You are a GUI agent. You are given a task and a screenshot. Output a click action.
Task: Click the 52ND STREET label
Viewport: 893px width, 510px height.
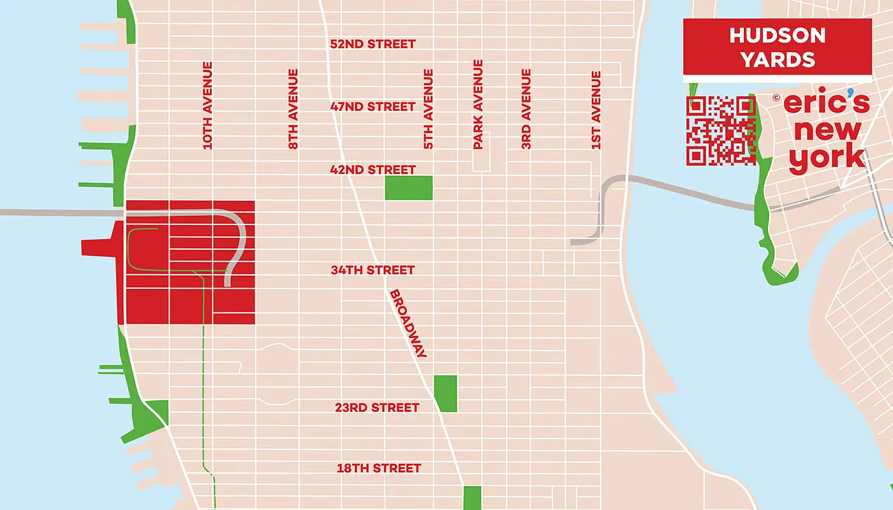pyautogui.click(x=373, y=45)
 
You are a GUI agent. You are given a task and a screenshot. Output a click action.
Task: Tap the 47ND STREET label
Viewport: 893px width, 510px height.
pyautogui.click(x=373, y=107)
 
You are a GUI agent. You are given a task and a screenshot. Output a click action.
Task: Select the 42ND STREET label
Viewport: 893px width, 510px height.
pyautogui.click(x=373, y=170)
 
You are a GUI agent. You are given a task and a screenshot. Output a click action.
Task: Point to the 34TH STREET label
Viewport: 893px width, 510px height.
pyautogui.click(x=373, y=270)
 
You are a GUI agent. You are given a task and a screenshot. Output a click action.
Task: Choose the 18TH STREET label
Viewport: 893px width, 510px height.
pyautogui.click(x=379, y=469)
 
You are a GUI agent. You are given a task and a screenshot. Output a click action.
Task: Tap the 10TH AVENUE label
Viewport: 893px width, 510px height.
pyautogui.click(x=207, y=106)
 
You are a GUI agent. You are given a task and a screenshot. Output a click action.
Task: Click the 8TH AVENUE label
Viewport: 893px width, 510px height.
pyautogui.click(x=293, y=109)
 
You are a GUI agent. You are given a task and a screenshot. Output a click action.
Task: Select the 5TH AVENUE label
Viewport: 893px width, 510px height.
pyautogui.click(x=429, y=109)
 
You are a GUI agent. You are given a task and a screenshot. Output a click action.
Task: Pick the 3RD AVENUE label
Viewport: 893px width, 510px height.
pyautogui.click(x=526, y=109)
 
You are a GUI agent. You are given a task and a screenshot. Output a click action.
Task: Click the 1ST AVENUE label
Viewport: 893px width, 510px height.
pyautogui.click(x=596, y=110)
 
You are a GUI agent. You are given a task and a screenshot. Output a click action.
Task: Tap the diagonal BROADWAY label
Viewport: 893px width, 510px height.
pyautogui.click(x=408, y=324)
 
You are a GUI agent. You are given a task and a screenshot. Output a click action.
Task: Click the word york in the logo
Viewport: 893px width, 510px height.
pyautogui.click(x=827, y=158)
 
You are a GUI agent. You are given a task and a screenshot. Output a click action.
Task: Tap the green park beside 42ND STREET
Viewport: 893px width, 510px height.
pyautogui.click(x=409, y=187)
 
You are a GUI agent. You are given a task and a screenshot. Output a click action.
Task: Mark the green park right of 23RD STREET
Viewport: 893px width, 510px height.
pyautogui.click(x=446, y=393)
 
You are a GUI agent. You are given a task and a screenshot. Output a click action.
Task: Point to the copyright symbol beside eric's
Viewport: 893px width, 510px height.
pyautogui.click(x=776, y=98)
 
